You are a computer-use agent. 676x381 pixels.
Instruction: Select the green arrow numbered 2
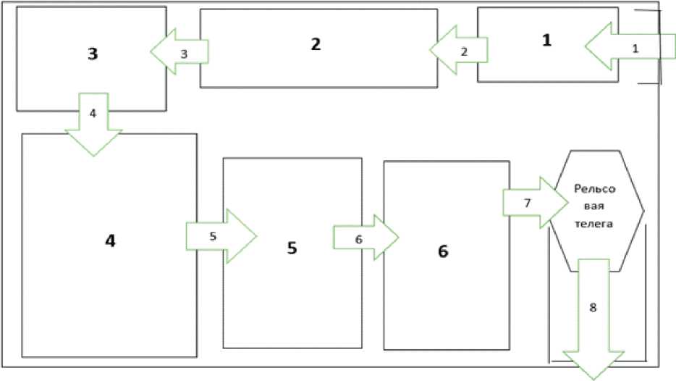point(458,50)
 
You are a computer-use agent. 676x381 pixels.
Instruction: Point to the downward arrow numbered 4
point(93,124)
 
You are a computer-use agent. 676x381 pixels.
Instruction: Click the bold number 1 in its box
point(546,41)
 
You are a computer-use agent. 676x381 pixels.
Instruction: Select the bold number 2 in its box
point(316,43)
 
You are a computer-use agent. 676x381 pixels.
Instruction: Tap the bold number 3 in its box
point(93,54)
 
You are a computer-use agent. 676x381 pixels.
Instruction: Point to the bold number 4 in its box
point(110,240)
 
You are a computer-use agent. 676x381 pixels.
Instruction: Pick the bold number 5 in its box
point(292,248)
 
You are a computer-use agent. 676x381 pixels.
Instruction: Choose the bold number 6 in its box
point(443,251)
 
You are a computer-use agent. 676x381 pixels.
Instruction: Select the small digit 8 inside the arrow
point(593,308)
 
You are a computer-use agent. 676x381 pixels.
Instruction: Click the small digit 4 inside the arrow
point(93,114)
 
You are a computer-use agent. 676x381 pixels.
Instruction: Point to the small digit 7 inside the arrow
point(528,203)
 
